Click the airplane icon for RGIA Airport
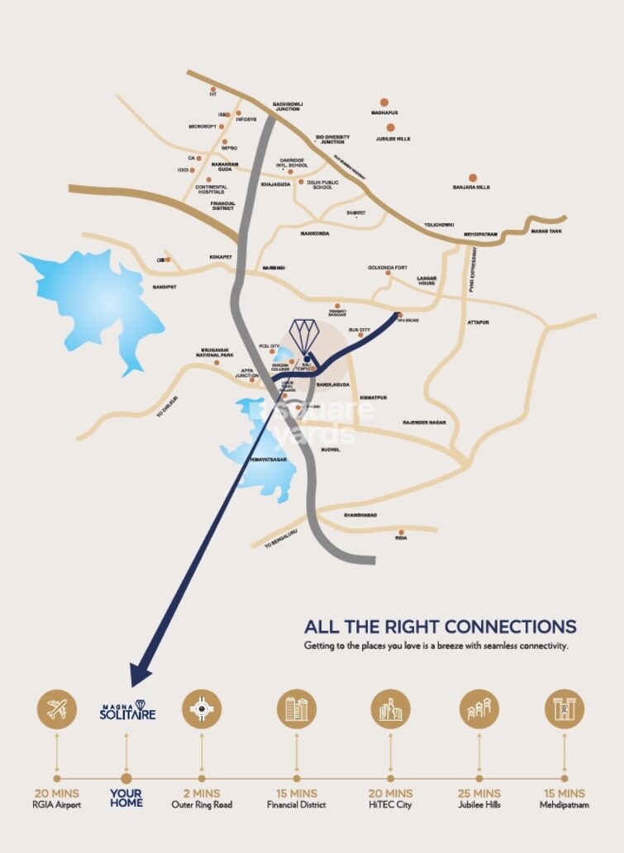[56, 708]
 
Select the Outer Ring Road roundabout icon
[202, 708]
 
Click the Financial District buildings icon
[296, 708]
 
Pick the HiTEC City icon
[390, 708]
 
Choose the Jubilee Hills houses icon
[479, 708]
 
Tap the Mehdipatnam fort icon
[564, 708]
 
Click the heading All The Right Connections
[440, 626]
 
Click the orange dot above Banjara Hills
[472, 178]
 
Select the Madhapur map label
[384, 112]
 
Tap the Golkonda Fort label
[388, 268]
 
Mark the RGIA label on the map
[401, 538]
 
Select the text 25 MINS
[479, 793]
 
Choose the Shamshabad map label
[360, 515]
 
